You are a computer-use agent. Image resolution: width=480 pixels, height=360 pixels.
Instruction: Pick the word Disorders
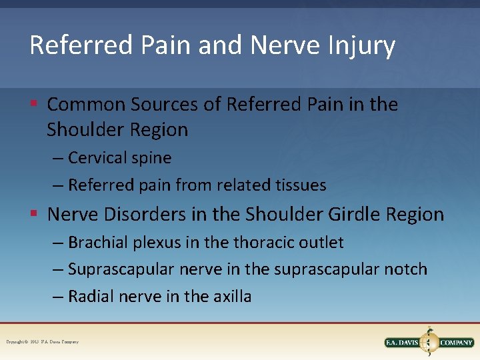coord(145,215)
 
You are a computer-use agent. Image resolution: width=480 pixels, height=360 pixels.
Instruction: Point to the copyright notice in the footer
coord(43,342)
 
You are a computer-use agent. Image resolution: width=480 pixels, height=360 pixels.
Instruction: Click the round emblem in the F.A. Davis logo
coord(429,342)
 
